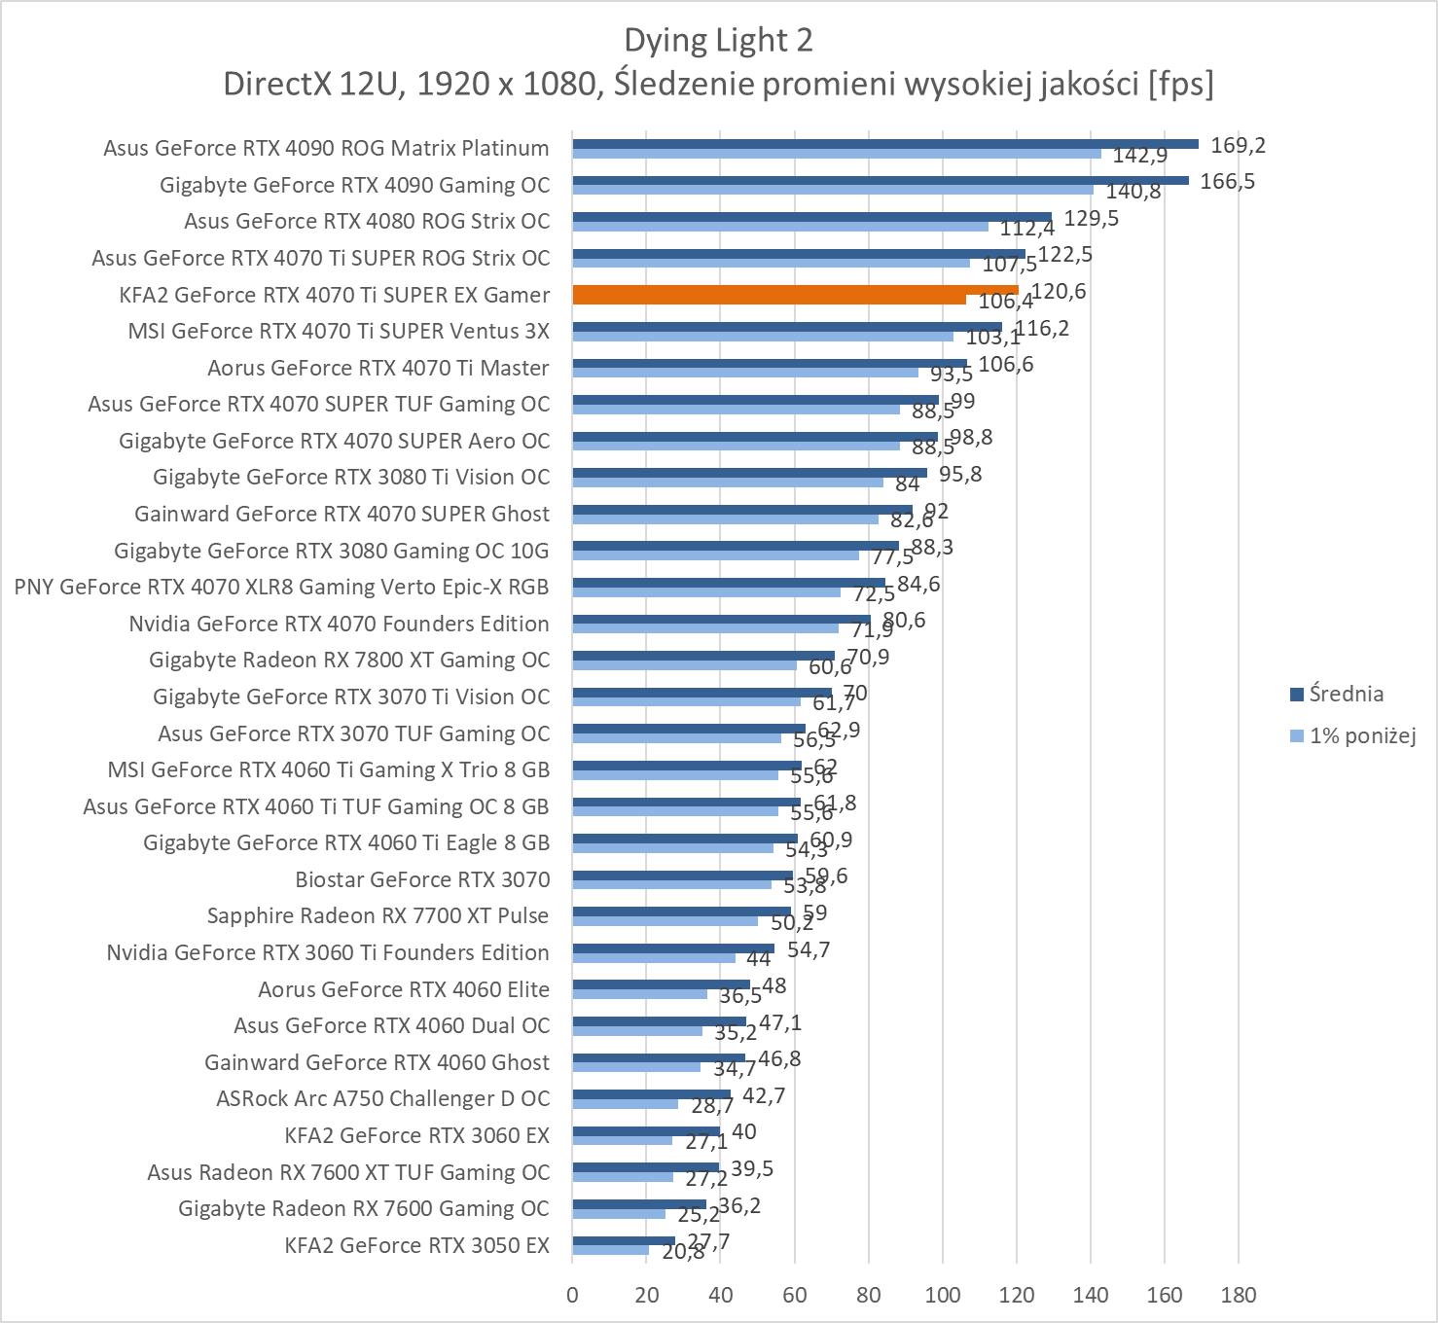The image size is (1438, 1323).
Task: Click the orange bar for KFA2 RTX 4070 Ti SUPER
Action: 795,290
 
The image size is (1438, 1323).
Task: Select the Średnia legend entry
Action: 1346,694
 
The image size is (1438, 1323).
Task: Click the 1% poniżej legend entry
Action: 1361,735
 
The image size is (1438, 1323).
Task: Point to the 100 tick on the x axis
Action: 942,1295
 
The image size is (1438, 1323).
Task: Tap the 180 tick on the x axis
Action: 1238,1295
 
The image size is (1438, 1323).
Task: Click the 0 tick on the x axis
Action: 572,1295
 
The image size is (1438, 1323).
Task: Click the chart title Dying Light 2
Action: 718,40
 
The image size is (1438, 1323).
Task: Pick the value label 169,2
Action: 1238,145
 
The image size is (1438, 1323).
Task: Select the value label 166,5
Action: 1227,181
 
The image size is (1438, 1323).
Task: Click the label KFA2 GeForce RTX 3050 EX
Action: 416,1245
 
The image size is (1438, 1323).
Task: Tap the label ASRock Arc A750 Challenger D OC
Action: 382,1098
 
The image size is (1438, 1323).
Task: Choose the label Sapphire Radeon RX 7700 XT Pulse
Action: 377,915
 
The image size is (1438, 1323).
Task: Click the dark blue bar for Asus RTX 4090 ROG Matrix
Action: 884,143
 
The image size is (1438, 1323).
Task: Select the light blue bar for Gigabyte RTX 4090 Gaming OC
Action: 832,190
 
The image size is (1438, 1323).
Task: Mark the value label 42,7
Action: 763,1095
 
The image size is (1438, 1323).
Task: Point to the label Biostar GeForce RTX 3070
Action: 422,879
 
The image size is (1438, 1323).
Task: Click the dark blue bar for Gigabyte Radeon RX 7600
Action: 639,1203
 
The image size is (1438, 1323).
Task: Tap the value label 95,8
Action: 960,474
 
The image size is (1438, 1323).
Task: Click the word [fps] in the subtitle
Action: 1180,84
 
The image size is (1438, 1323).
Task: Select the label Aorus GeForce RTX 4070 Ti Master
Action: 377,368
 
